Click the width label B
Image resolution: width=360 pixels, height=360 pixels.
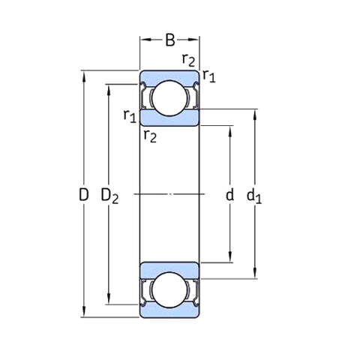(170, 40)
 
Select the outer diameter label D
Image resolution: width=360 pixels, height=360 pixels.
(83, 195)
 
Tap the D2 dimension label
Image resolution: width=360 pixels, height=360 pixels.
(109, 196)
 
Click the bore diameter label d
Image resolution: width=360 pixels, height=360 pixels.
(229, 194)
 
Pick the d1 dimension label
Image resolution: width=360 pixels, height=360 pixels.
(254, 196)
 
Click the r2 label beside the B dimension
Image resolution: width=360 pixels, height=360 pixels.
(188, 60)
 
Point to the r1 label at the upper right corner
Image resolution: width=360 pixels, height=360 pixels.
(209, 76)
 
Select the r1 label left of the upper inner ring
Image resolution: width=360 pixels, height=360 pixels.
(130, 115)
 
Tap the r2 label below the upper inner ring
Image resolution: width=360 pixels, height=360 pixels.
(150, 136)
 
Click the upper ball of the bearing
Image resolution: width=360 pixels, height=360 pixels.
(169, 98)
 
